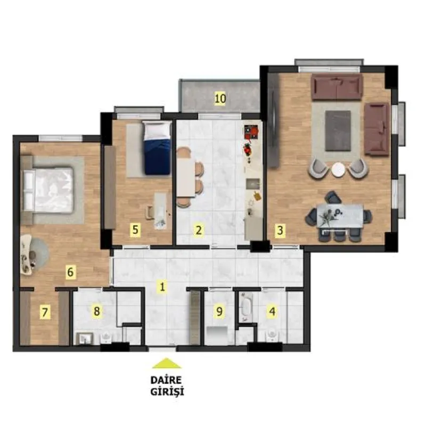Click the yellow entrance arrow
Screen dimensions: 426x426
tap(167, 363)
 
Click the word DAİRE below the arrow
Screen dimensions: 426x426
tap(166, 380)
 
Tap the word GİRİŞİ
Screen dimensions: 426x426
tap(167, 392)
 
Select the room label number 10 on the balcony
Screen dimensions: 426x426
tap(220, 99)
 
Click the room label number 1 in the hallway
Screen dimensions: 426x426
tap(162, 286)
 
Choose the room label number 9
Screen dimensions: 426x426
tap(219, 311)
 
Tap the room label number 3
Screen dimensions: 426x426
tap(280, 231)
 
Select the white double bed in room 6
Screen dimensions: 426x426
tap(48, 190)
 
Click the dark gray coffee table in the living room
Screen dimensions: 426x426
tap(338, 130)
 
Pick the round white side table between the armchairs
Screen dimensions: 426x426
tap(338, 169)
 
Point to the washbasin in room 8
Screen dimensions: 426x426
tap(85, 339)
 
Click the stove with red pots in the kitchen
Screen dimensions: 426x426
tap(251, 132)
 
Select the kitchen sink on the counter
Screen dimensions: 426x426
tap(253, 184)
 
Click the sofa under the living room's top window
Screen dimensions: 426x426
tap(337, 87)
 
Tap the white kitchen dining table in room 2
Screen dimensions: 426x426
tap(186, 177)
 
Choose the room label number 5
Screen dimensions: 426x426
tap(135, 230)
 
